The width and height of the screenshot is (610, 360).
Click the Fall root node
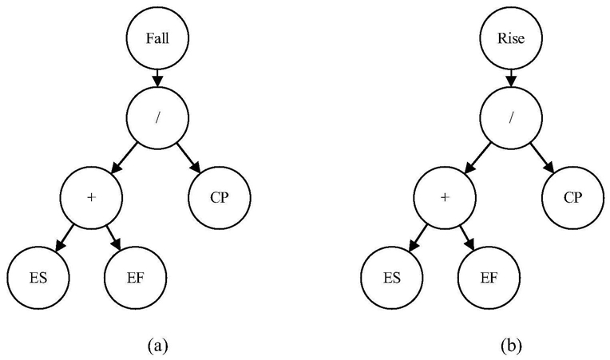157,38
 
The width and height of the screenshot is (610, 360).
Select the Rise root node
511,38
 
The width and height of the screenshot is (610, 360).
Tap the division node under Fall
157,118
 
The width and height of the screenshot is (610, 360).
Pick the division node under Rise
511,118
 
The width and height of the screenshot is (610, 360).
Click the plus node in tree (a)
91,198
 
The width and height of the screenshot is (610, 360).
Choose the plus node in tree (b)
445,198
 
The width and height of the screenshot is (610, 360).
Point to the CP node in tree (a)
220,198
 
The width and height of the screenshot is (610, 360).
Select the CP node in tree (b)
573,198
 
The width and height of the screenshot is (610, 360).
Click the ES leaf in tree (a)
38,278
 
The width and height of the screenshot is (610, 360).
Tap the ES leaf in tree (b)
392,278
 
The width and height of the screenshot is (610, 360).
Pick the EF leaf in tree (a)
136,278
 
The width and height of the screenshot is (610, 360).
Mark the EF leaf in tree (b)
489,278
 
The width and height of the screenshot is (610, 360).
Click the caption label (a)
157,345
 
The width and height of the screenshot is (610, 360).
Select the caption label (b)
511,345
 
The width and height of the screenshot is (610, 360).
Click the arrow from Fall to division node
157,78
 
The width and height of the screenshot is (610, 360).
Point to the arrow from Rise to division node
511,78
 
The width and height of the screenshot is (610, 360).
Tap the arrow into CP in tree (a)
189,158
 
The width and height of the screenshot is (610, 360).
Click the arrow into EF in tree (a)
114,238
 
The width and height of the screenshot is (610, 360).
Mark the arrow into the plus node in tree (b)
477,158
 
